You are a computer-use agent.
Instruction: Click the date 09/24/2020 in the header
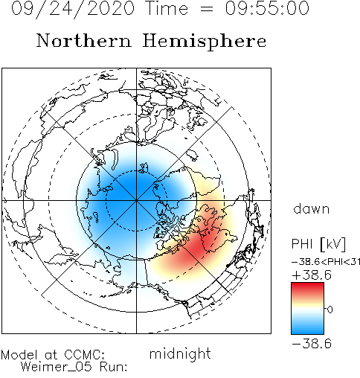tap(73, 9)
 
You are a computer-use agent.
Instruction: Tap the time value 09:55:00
tap(267, 8)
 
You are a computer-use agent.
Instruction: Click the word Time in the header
tap(167, 8)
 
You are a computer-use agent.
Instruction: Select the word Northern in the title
tap(84, 40)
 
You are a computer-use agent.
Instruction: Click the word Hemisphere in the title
tap(205, 42)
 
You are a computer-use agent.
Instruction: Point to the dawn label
tap(311, 208)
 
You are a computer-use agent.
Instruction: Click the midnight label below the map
tap(180, 354)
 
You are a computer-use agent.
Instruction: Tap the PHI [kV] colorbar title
tap(318, 243)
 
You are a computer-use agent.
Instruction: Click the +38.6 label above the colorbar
tap(312, 275)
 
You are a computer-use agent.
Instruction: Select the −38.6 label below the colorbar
tap(312, 344)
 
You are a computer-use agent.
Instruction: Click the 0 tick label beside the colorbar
tap(330, 310)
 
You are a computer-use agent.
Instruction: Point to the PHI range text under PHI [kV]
tap(326, 262)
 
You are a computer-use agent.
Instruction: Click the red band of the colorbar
tap(307, 289)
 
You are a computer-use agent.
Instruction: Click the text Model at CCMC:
tap(53, 355)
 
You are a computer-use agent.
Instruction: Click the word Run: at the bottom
tap(113, 367)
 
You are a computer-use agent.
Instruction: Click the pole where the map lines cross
tap(136, 200)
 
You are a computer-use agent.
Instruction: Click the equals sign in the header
tap(206, 9)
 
